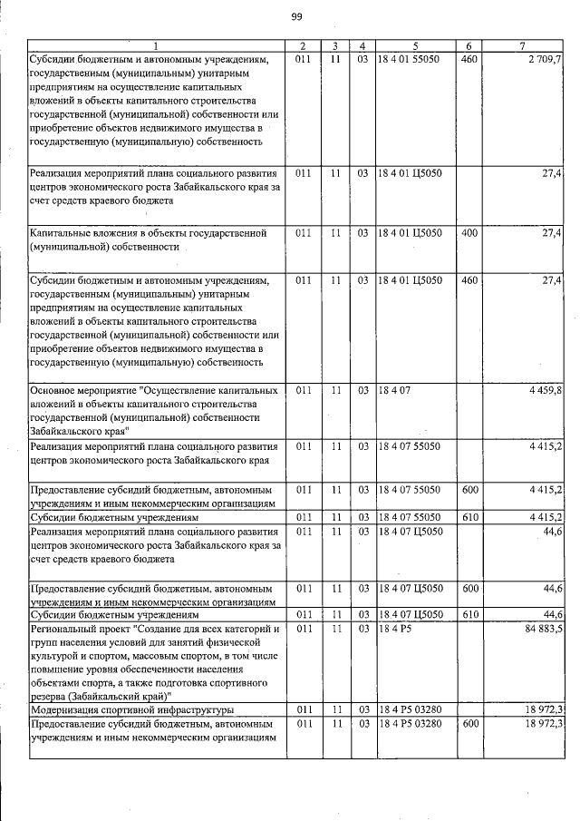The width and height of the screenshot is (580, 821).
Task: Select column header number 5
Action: [x=415, y=45]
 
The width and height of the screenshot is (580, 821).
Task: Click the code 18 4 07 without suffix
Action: [x=396, y=389]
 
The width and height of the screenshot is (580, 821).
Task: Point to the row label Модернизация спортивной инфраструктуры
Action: [x=132, y=709]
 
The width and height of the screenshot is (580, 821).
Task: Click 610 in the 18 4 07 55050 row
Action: [x=469, y=517]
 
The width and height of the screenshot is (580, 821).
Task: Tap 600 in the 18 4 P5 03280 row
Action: [x=469, y=723]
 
